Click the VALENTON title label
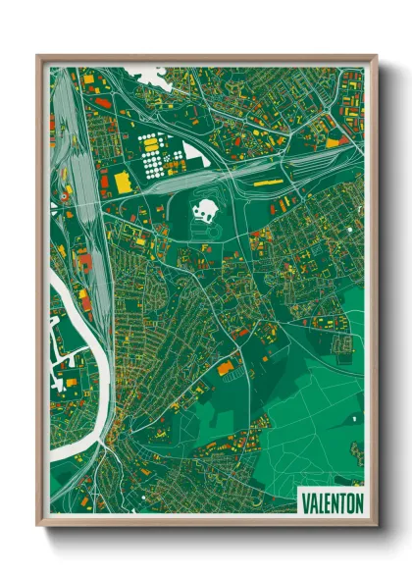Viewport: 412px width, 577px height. coord(329,502)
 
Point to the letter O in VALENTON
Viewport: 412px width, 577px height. coord(346,502)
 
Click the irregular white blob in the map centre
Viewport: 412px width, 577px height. coord(206,208)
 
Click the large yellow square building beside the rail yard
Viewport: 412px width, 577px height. coord(123,183)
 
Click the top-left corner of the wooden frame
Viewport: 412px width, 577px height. coord(38,56)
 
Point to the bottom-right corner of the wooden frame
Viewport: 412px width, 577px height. coord(375,525)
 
